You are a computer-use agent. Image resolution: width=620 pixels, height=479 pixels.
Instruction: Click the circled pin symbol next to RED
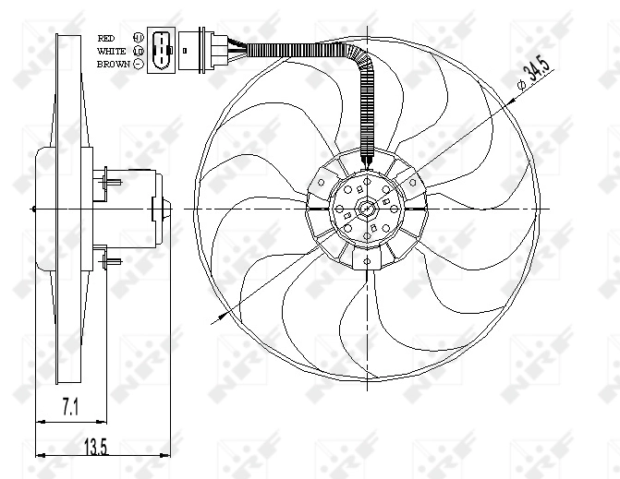pyautogui.click(x=139, y=38)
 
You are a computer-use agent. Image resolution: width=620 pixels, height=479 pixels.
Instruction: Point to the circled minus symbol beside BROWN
pyautogui.click(x=139, y=64)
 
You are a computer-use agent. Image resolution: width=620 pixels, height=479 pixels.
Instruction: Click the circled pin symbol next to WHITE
pyautogui.click(x=139, y=51)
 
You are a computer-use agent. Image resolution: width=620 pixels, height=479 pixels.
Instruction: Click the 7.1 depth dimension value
pyautogui.click(x=70, y=404)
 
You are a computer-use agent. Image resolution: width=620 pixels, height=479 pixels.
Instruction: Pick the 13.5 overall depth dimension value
pyautogui.click(x=96, y=448)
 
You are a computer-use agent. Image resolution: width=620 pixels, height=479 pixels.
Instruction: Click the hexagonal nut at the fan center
pyautogui.click(x=367, y=210)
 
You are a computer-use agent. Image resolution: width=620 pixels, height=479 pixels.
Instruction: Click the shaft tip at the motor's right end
pyautogui.click(x=167, y=210)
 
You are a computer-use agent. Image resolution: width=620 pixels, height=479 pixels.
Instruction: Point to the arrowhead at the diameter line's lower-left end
pyautogui.click(x=217, y=319)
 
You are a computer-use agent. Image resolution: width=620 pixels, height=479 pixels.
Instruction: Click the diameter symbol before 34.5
pyautogui.click(x=524, y=85)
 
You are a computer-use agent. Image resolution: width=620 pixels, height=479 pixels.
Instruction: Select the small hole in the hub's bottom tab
pyautogui.click(x=367, y=261)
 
